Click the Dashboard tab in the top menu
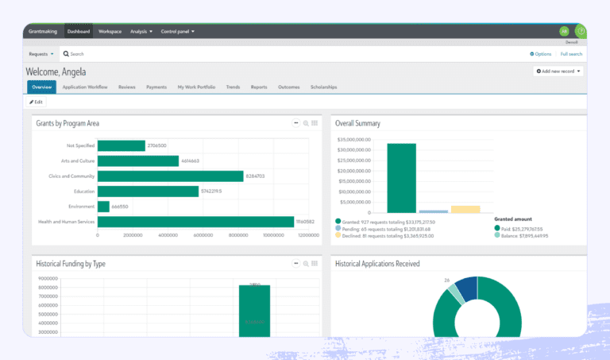79,31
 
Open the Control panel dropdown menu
177,31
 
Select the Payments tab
156,87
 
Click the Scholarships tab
323,87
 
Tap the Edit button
37,102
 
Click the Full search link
571,54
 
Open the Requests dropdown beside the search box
41,54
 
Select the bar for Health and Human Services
195,222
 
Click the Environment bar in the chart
103,207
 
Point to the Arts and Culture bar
137,161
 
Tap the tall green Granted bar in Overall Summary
401,178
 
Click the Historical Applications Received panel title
377,263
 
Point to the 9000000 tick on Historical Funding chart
48,278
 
